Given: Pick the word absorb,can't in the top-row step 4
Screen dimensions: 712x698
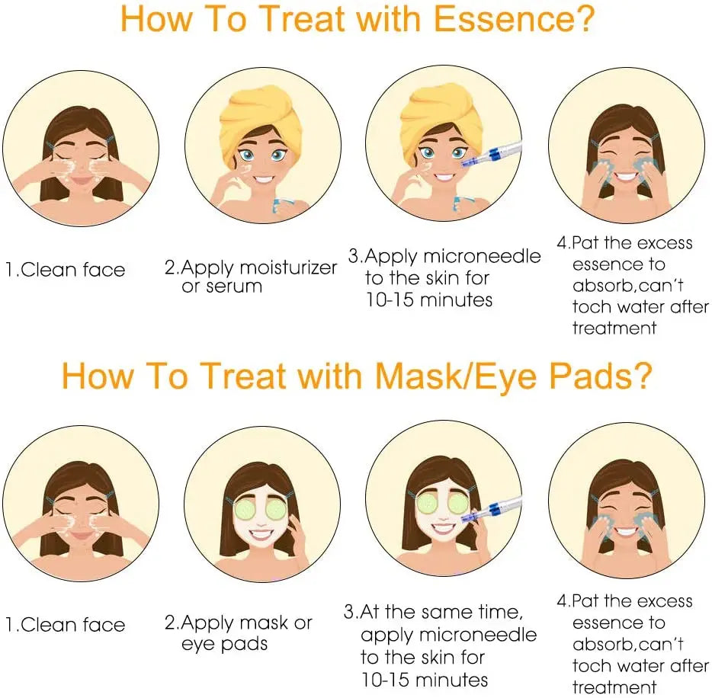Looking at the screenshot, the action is tap(628, 286).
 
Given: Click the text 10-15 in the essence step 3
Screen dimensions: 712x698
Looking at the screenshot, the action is tap(389, 300).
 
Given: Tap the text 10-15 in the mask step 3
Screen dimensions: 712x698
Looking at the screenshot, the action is tap(385, 680).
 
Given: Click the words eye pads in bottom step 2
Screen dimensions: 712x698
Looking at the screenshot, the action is tap(224, 645).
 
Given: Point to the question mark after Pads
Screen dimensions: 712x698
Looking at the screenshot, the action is tap(643, 376).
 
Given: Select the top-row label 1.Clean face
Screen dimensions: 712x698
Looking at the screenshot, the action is tap(65, 270).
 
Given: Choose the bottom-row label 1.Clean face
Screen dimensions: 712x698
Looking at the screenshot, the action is tap(65, 625).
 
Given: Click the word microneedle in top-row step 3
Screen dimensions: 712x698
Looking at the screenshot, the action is tap(482, 257).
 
